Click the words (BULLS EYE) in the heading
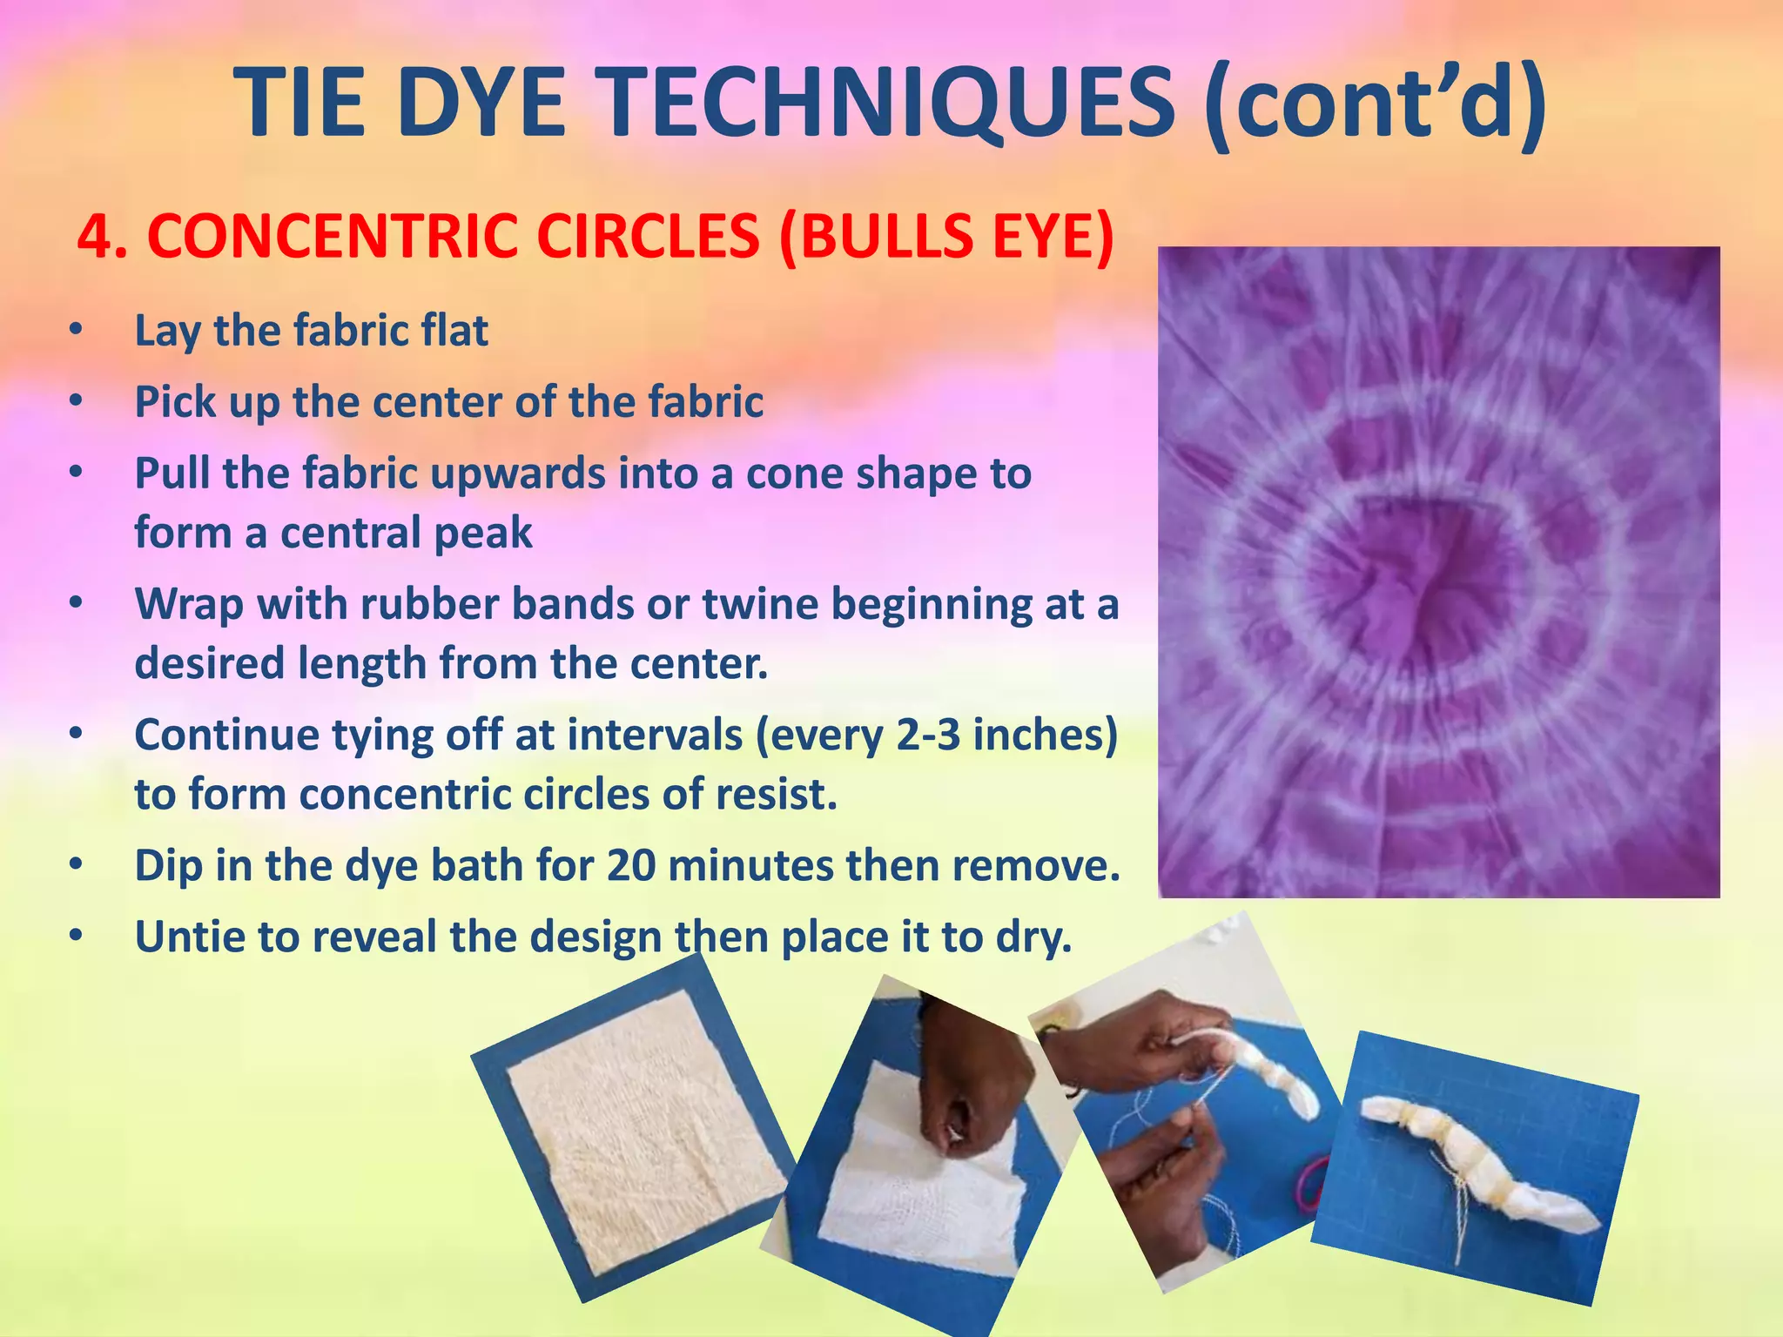(946, 237)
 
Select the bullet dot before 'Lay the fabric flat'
(77, 331)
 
